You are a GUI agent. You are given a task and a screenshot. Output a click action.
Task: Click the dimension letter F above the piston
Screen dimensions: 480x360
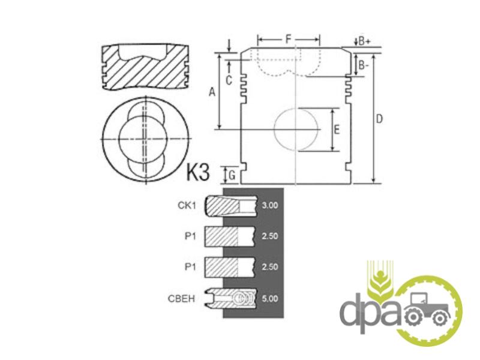click(288, 39)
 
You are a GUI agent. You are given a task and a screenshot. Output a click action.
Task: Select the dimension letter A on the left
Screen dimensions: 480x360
click(212, 92)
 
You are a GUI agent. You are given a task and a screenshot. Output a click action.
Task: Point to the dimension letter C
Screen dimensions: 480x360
click(229, 80)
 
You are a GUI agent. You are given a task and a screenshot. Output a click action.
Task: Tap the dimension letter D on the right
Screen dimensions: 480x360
click(379, 119)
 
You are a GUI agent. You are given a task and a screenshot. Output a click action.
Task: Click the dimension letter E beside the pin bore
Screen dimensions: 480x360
click(337, 130)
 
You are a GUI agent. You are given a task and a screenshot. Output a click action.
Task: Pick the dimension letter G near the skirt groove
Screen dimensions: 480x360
click(232, 176)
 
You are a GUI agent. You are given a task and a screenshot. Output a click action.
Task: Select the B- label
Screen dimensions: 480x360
click(364, 65)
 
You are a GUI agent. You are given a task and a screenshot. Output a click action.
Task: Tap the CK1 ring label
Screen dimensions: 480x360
click(187, 205)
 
